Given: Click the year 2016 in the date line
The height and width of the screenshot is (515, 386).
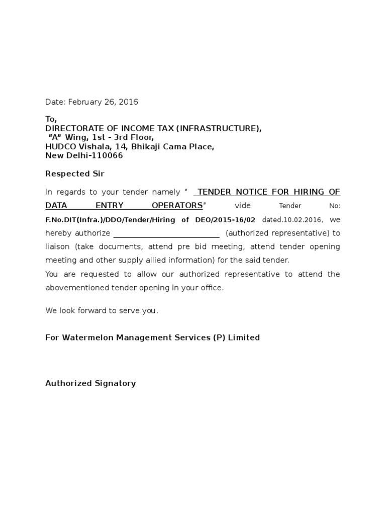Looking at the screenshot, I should pyautogui.click(x=128, y=102).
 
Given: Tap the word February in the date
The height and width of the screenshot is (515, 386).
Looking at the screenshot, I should pyautogui.click(x=85, y=102).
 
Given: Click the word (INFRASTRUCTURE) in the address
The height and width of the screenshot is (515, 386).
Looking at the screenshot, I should pyautogui.click(x=218, y=129).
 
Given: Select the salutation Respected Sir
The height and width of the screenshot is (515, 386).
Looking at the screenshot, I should pyautogui.click(x=75, y=174).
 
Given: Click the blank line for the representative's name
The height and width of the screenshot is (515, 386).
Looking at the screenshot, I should pyautogui.click(x=166, y=234).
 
